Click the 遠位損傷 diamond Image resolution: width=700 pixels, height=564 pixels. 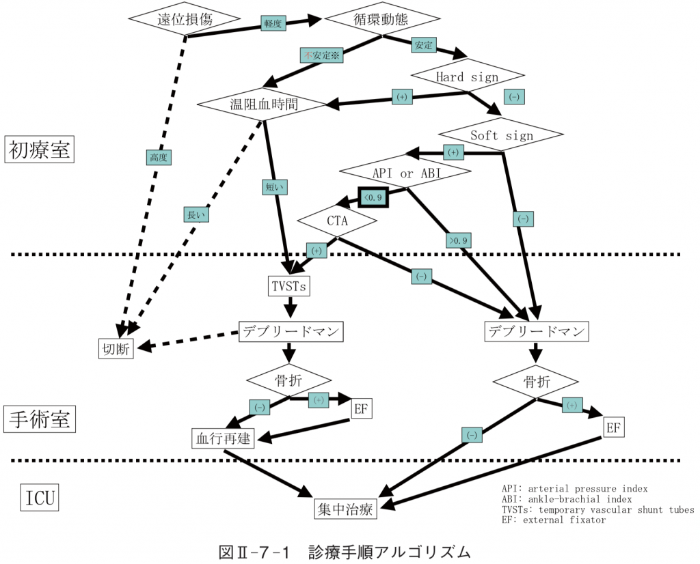click(185, 19)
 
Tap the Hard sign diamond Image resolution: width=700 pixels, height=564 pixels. click(468, 76)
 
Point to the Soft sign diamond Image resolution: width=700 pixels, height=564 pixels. click(501, 135)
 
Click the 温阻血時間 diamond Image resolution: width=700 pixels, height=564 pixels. click(260, 104)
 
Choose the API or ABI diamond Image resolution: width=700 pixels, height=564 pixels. click(405, 173)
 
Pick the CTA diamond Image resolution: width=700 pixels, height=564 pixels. click(338, 220)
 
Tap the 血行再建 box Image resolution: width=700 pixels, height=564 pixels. click(223, 438)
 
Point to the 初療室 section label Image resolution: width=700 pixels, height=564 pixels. click(38, 150)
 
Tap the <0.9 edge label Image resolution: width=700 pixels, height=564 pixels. click(374, 197)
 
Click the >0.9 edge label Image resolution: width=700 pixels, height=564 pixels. click(458, 240)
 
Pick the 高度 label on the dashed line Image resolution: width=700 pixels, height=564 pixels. click(159, 157)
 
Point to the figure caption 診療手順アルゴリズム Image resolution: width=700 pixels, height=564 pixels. click(345, 551)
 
